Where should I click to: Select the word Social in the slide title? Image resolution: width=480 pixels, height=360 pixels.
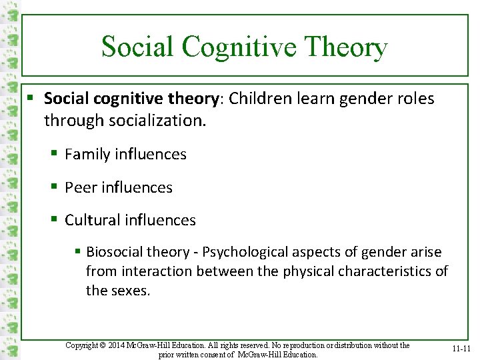pos(137,47)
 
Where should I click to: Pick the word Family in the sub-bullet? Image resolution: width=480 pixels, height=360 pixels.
pos(87,154)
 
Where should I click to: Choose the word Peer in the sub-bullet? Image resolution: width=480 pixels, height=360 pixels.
pos(79,187)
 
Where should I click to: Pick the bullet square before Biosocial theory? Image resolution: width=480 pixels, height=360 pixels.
pos(78,252)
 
